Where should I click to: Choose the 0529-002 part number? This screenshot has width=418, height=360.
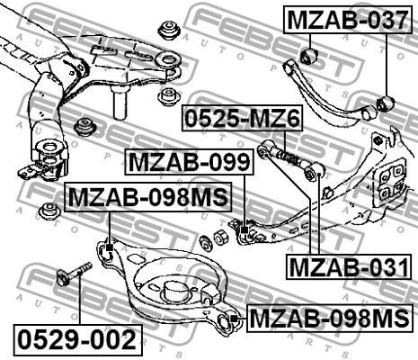point(76,340)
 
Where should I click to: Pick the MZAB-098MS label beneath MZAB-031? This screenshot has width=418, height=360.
point(330,319)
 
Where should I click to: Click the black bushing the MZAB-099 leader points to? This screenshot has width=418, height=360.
point(243,234)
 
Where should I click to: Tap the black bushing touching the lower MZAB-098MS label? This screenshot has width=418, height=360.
point(229,318)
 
